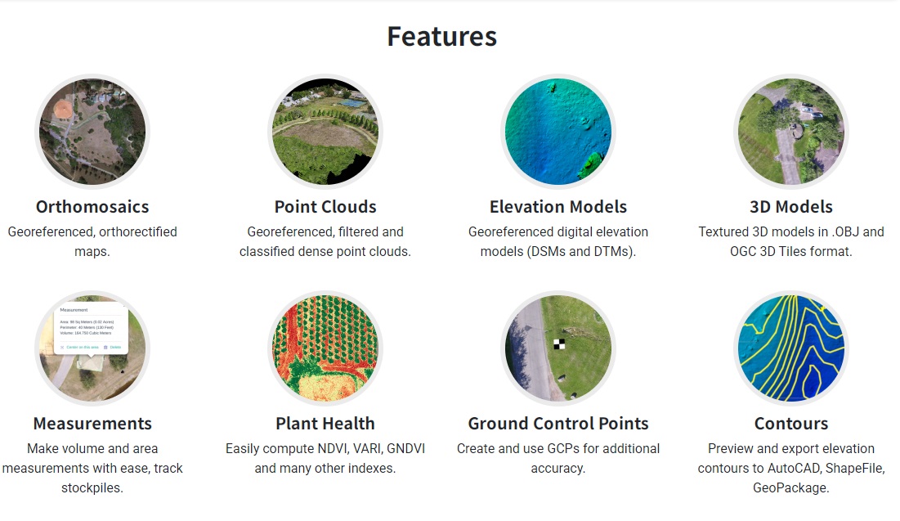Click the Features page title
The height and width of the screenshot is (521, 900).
[441, 37]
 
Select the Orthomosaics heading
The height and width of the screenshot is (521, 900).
[92, 207]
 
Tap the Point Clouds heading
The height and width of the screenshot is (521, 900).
[325, 207]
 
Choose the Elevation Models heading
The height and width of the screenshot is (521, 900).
[558, 207]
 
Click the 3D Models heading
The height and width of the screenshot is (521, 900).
[791, 207]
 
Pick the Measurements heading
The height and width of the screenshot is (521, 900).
[92, 424]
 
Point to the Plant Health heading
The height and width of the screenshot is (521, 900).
[325, 424]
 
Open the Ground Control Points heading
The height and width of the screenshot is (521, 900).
[558, 424]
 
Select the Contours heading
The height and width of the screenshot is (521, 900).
[791, 424]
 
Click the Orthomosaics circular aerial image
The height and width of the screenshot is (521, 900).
[92, 131]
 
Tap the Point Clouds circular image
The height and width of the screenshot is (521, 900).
[325, 131]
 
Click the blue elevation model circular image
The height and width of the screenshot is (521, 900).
[558, 131]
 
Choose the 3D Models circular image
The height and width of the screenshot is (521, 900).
[791, 131]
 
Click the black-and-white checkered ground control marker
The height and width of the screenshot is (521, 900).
[559, 344]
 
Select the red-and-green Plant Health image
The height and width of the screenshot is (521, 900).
[325, 348]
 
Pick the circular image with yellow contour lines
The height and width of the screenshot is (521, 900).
[791, 348]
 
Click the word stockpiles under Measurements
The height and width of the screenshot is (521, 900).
[92, 488]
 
